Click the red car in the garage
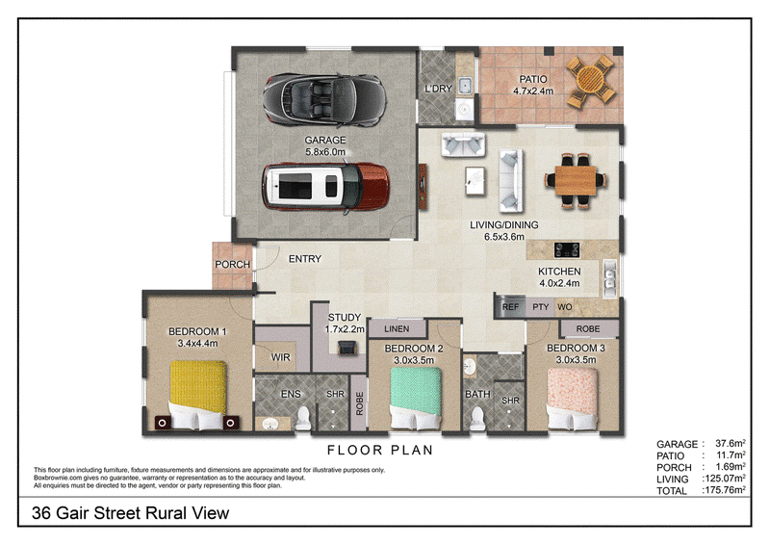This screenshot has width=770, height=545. [325, 187]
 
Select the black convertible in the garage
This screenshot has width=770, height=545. [323, 99]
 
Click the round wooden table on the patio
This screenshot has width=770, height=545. [590, 81]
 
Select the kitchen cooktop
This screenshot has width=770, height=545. [567, 250]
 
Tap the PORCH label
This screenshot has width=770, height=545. [232, 265]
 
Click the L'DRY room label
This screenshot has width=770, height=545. [438, 89]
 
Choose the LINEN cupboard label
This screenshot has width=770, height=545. [397, 328]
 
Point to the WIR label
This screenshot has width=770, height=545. [280, 357]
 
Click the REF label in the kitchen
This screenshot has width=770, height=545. [510, 306]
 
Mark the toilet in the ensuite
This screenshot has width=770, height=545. [303, 417]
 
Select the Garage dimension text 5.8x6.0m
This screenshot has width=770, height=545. [325, 152]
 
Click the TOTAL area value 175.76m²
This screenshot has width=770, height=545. [726, 490]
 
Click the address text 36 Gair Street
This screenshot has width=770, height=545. [87, 513]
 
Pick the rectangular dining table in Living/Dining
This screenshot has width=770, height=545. [576, 181]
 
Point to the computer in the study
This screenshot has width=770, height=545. [347, 348]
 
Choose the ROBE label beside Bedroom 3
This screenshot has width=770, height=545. [588, 328]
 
